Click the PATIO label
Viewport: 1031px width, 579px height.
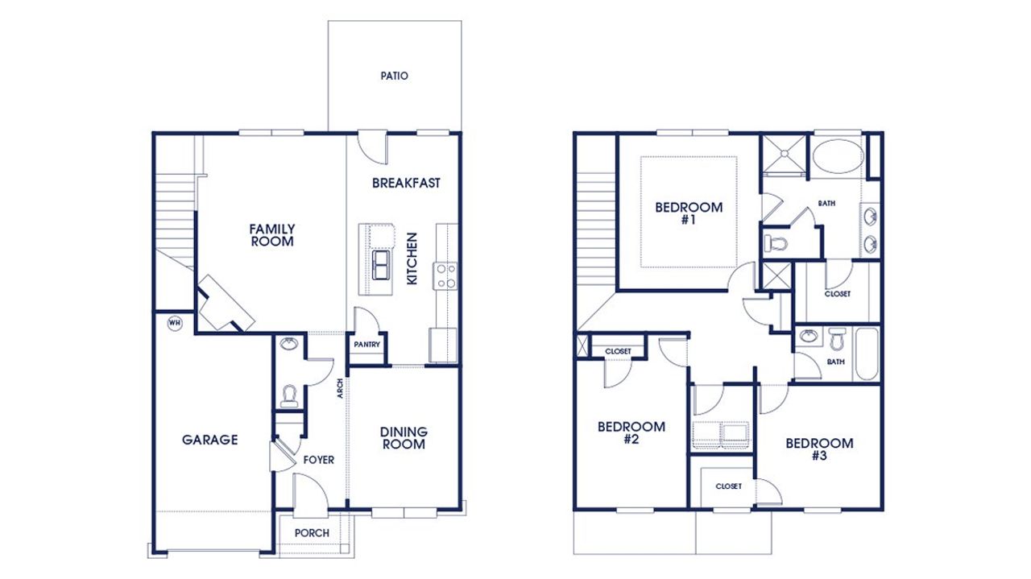[x=394, y=77]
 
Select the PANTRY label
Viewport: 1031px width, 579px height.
[x=367, y=345]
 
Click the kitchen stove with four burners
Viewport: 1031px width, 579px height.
[x=445, y=275]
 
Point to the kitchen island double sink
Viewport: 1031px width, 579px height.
[x=381, y=264]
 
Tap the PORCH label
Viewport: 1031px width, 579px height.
[x=312, y=533]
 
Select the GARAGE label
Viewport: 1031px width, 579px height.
[x=209, y=440]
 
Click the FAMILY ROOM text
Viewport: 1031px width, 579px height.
[x=271, y=235]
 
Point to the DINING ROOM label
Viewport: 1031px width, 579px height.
[x=404, y=438]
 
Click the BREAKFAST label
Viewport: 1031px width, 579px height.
[x=406, y=183]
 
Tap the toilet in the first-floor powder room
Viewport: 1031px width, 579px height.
[x=288, y=395]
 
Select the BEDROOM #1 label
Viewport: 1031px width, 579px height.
[x=689, y=213]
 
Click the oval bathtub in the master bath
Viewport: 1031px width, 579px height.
[x=835, y=156]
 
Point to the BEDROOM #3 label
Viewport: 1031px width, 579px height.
[x=819, y=449]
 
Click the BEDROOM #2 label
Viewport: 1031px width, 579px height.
[x=631, y=433]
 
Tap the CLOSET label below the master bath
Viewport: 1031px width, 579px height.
[x=837, y=294]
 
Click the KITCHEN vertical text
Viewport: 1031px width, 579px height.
[x=412, y=258]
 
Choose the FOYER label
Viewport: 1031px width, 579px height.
[x=318, y=460]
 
